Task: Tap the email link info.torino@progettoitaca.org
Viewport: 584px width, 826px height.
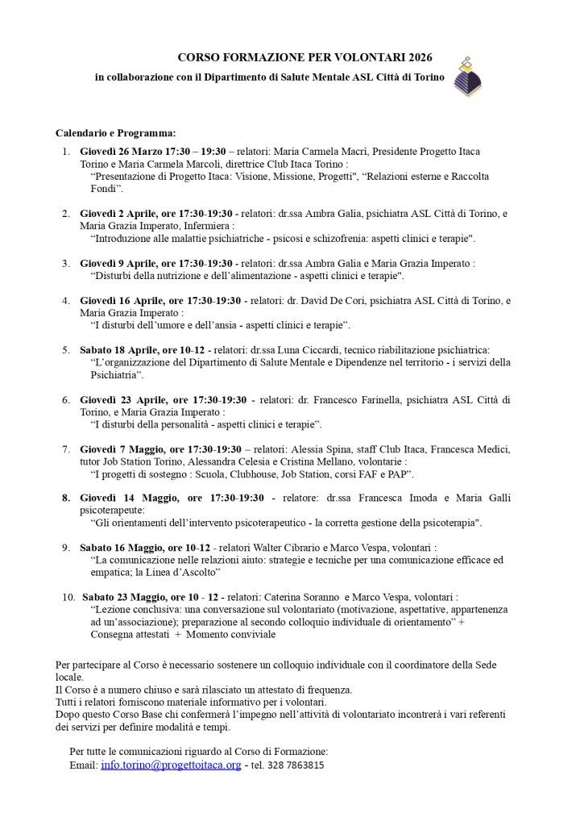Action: point(171,765)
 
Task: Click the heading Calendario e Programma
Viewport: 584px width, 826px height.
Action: point(115,132)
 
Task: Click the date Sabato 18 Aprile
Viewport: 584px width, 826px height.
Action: point(117,349)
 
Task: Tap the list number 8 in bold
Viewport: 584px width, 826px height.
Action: point(66,498)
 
